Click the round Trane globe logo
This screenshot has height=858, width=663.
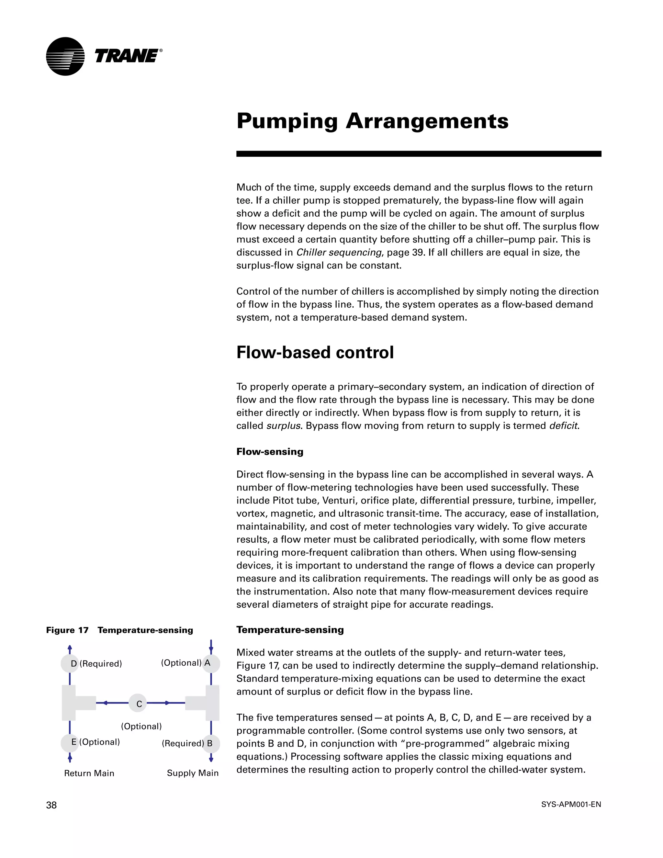(x=65, y=56)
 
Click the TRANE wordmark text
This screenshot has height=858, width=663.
(x=127, y=56)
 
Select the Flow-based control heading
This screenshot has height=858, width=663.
(x=315, y=352)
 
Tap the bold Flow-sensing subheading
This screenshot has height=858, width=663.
(x=270, y=451)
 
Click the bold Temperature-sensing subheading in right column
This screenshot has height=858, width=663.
(x=290, y=629)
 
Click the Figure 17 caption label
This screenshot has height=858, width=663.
(x=119, y=630)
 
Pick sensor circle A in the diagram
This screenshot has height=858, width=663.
(x=211, y=663)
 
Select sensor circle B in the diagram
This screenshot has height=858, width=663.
(x=211, y=743)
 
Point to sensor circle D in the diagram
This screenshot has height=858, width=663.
(x=70, y=663)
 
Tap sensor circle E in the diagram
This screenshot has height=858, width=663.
(x=70, y=742)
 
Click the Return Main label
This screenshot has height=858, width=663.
(x=89, y=773)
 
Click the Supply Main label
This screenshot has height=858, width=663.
(x=193, y=773)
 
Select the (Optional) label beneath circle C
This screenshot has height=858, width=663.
(x=141, y=726)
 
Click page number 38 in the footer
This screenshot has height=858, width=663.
(x=51, y=805)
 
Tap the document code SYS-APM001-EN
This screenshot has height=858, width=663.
(x=571, y=804)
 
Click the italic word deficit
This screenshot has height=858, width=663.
(x=563, y=425)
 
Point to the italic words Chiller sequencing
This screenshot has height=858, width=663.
(x=339, y=252)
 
